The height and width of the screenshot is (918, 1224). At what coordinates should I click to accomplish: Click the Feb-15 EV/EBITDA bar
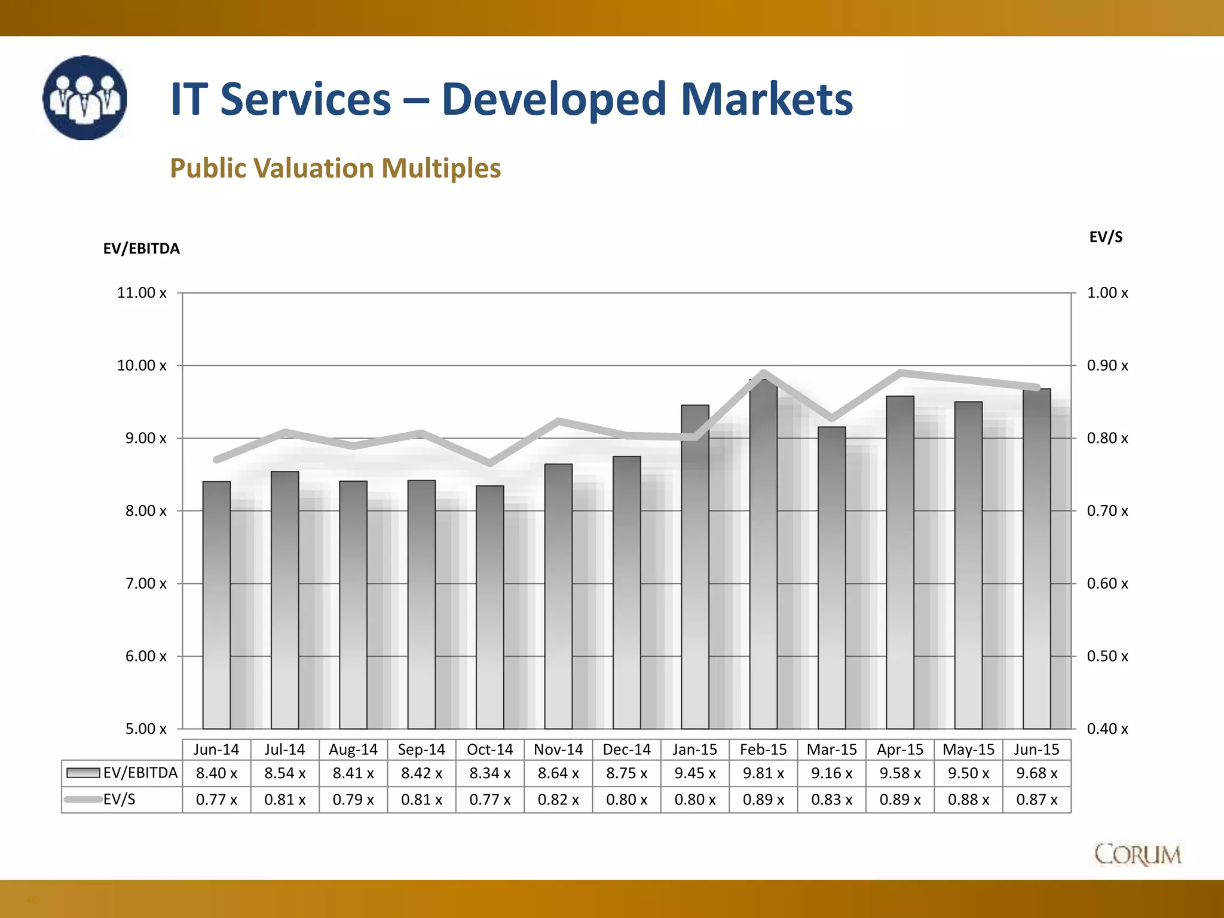point(763,556)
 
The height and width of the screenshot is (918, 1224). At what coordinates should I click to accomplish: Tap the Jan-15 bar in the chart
point(694,568)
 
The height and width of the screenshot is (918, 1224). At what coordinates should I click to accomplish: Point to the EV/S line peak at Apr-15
point(900,374)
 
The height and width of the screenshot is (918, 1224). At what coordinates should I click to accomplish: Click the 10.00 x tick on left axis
point(142,365)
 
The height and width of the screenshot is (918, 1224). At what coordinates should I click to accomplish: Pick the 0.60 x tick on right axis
point(1107,583)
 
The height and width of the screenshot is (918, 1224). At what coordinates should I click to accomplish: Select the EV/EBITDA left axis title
point(141,249)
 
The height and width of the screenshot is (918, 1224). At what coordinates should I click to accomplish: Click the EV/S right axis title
point(1105,237)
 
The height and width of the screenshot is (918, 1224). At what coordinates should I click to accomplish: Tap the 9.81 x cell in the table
point(763,773)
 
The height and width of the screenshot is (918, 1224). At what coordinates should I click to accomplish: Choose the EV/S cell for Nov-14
point(558,800)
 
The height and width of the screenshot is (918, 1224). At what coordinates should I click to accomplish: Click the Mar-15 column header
point(831,749)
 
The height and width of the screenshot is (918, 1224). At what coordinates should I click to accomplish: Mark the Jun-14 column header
point(216,749)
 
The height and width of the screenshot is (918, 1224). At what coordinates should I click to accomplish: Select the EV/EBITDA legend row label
point(140,773)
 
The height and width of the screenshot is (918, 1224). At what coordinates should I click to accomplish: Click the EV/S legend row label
point(119,800)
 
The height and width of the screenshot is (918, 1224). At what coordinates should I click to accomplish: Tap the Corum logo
point(1137,854)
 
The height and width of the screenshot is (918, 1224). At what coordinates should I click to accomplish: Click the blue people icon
point(85,98)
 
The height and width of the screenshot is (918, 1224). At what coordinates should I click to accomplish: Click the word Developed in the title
point(553,99)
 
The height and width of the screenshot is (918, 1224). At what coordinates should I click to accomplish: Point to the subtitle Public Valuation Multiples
point(335,168)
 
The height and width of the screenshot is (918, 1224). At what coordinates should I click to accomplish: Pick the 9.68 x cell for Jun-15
point(1036,773)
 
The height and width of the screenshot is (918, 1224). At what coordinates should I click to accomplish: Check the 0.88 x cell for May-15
point(968,800)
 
